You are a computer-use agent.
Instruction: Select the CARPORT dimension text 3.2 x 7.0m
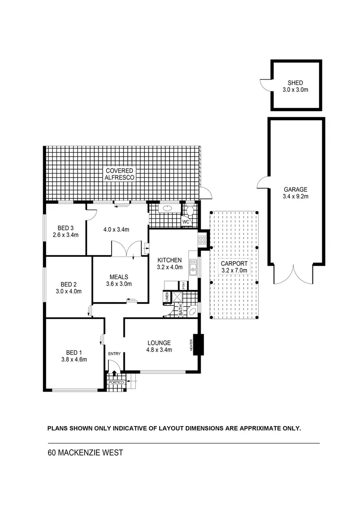point(234,271)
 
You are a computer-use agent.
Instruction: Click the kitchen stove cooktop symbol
point(202,240)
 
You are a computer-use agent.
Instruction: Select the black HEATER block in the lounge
point(197,345)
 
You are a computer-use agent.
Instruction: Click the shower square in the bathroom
point(178,297)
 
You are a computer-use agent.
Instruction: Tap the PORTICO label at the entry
point(115,383)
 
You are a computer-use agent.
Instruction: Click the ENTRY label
point(114,353)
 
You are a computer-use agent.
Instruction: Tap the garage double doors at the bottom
point(293,275)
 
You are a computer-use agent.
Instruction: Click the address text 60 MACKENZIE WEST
point(85,453)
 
